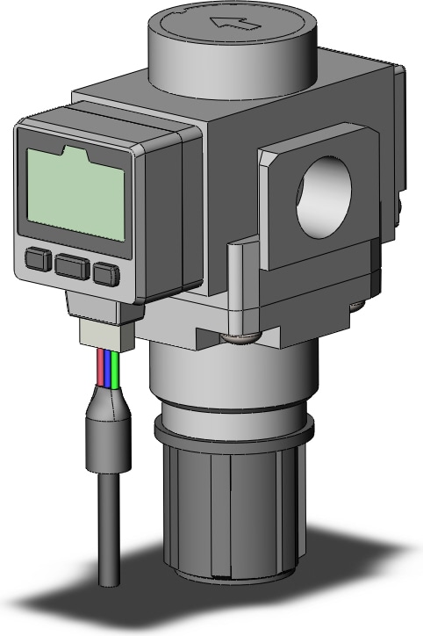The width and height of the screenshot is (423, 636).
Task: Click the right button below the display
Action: tap(106, 273)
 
